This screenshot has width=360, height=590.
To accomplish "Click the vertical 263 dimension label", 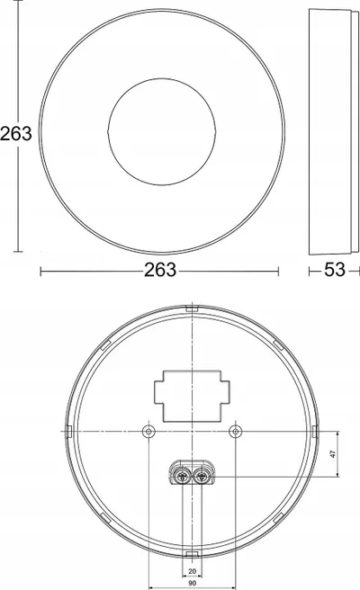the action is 16,134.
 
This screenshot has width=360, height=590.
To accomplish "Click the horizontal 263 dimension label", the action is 160,270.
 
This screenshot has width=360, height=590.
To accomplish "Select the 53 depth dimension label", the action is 335,270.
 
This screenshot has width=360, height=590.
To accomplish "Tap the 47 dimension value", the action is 332,454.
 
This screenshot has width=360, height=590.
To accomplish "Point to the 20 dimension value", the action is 192,571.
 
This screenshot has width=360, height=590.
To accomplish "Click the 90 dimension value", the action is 192,583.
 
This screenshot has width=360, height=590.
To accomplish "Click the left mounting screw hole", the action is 148,431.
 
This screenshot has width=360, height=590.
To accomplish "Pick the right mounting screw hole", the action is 236,431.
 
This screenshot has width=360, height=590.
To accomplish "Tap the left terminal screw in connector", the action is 183,477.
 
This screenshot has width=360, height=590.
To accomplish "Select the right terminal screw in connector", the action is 202,477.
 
